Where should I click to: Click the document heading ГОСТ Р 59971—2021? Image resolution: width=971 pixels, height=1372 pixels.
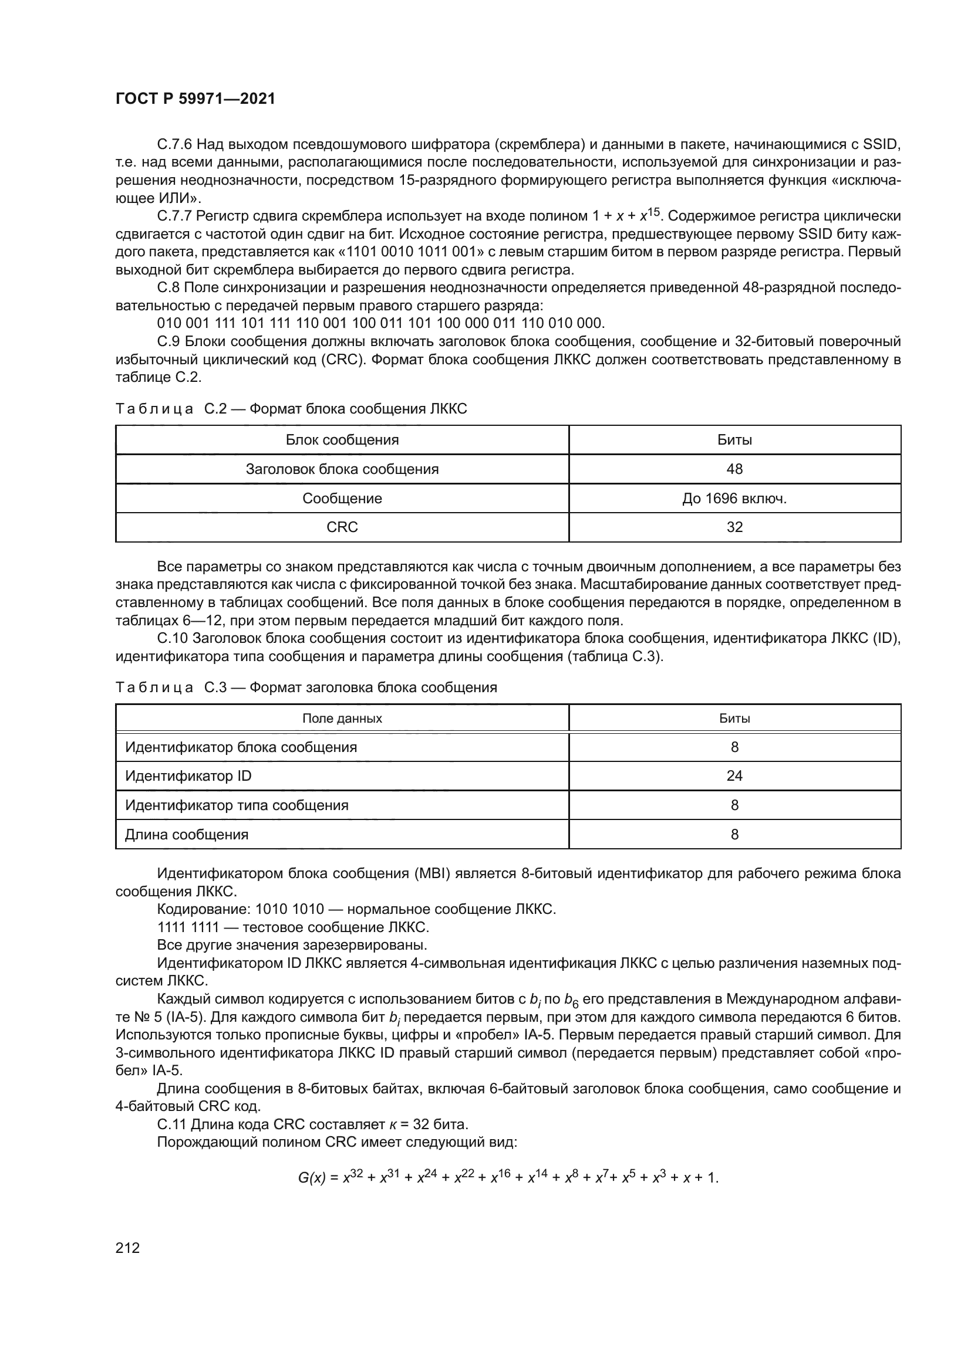(x=195, y=99)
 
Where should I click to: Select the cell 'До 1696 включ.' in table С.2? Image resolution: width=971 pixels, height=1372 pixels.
(x=734, y=499)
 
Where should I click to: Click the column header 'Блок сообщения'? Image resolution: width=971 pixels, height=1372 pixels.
(x=342, y=441)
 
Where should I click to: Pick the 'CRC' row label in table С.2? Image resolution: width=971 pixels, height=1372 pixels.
(x=342, y=527)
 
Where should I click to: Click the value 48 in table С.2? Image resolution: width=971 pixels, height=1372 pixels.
(x=734, y=469)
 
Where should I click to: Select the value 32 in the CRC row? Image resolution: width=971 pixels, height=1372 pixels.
(x=734, y=527)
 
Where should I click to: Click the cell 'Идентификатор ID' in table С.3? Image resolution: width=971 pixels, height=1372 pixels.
(x=188, y=776)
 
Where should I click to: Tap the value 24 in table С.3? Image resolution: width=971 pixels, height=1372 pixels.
(x=734, y=776)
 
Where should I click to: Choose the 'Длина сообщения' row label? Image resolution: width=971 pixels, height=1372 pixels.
(x=187, y=835)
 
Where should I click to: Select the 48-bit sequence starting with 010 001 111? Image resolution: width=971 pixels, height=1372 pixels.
(x=381, y=324)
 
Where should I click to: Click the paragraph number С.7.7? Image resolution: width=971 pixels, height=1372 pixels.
(x=174, y=216)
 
